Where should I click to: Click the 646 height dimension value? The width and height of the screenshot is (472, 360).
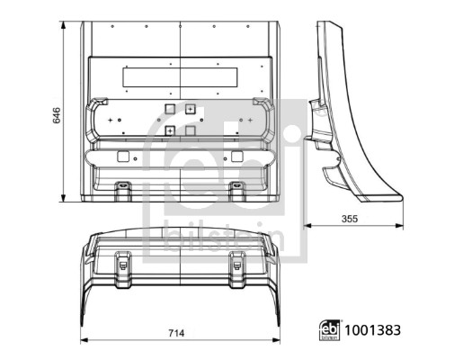(x=56, y=114)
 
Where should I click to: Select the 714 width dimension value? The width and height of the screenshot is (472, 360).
(x=176, y=334)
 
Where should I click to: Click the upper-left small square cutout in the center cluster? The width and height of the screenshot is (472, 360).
(x=168, y=108)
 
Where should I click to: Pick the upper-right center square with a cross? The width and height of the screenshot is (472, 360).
(x=191, y=108)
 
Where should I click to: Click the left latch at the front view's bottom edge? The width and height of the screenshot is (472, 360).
(x=123, y=189)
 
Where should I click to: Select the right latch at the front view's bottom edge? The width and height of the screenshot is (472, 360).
(x=237, y=189)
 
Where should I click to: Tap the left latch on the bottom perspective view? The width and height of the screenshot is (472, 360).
(x=123, y=263)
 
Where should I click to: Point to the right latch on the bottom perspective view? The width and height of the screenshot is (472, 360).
(x=237, y=263)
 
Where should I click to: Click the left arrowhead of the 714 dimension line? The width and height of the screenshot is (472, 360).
(x=84, y=342)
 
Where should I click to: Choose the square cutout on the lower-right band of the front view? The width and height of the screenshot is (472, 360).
(x=236, y=157)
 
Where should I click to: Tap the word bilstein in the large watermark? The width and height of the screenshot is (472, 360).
(x=225, y=240)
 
